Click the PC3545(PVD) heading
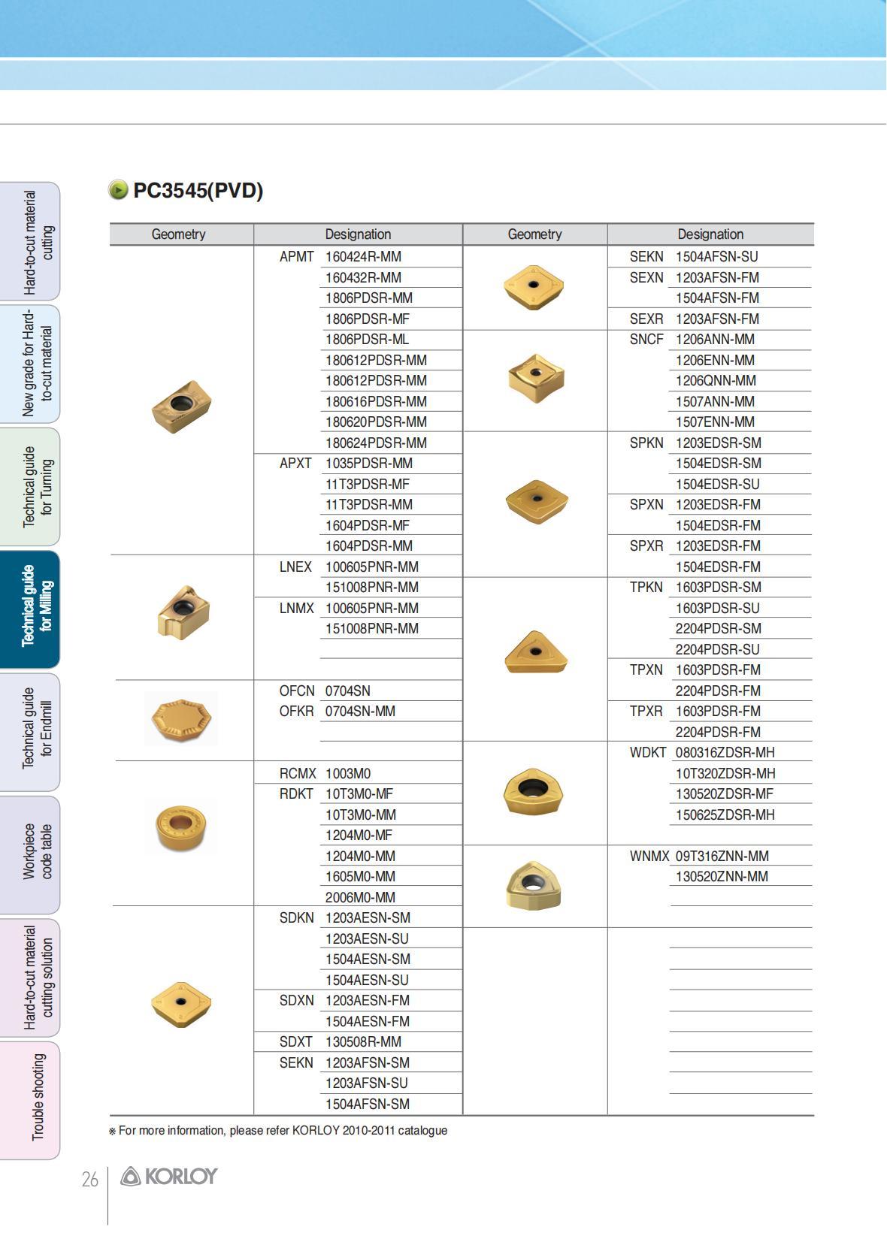pyautogui.click(x=198, y=191)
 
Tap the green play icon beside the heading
pyautogui.click(x=118, y=190)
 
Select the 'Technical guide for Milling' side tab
pyautogui.click(x=30, y=609)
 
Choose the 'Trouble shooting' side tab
pyautogui.click(x=30, y=1099)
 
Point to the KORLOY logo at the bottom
pyautogui.click(x=169, y=1177)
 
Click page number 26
pyautogui.click(x=89, y=1180)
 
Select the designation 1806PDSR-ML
pyautogui.click(x=367, y=340)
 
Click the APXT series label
pyautogui.click(x=295, y=464)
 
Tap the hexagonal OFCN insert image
pyautogui.click(x=181, y=718)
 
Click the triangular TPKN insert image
pyautogui.click(x=535, y=652)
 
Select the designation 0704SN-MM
pyautogui.click(x=360, y=712)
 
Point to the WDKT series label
pyautogui.click(x=647, y=753)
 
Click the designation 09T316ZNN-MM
pyautogui.click(x=722, y=856)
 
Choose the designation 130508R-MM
pyautogui.click(x=363, y=1042)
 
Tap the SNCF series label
pyautogui.click(x=646, y=340)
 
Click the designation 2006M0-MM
pyautogui.click(x=360, y=897)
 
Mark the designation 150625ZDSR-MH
pyautogui.click(x=725, y=814)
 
